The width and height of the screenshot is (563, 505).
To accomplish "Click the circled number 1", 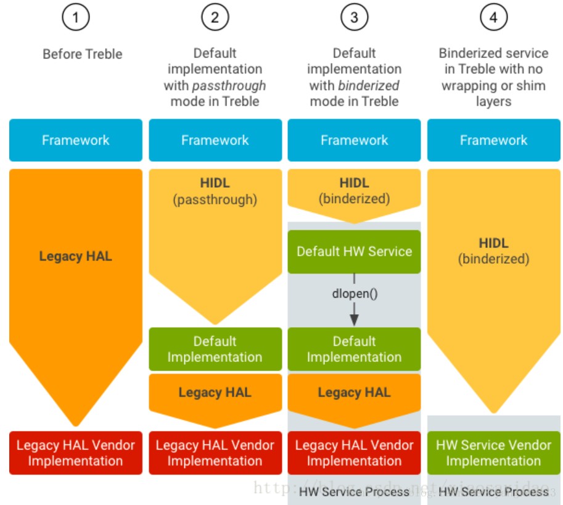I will tap(76, 18).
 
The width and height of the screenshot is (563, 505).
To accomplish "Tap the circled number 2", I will tap(215, 18).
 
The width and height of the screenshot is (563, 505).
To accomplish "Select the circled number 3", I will tap(354, 18).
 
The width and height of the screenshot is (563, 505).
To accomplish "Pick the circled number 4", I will tap(493, 18).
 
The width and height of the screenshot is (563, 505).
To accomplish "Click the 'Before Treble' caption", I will tap(83, 54).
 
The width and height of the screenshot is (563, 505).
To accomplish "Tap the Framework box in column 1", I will tap(76, 140).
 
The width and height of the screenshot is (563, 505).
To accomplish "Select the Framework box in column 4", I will tap(493, 140).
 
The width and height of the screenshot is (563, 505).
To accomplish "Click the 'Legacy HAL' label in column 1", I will tap(76, 256).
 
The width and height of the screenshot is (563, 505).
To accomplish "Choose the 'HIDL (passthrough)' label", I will tap(215, 191).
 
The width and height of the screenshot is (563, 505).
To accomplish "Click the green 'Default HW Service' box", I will tap(354, 251).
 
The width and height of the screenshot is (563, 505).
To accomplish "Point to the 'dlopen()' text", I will tap(354, 293).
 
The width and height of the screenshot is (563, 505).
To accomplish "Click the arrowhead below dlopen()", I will tap(354, 318).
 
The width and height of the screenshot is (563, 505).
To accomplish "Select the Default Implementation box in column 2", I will tap(215, 349).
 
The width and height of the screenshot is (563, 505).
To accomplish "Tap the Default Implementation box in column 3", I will tap(354, 349).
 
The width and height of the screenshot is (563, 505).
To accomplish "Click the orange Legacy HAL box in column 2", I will tap(215, 393).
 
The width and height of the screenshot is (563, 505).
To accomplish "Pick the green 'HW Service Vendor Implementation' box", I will tap(493, 453).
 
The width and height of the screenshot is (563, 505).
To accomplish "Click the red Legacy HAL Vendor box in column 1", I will tap(76, 453).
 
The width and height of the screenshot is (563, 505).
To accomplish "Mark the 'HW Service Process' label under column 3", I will tap(354, 491).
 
